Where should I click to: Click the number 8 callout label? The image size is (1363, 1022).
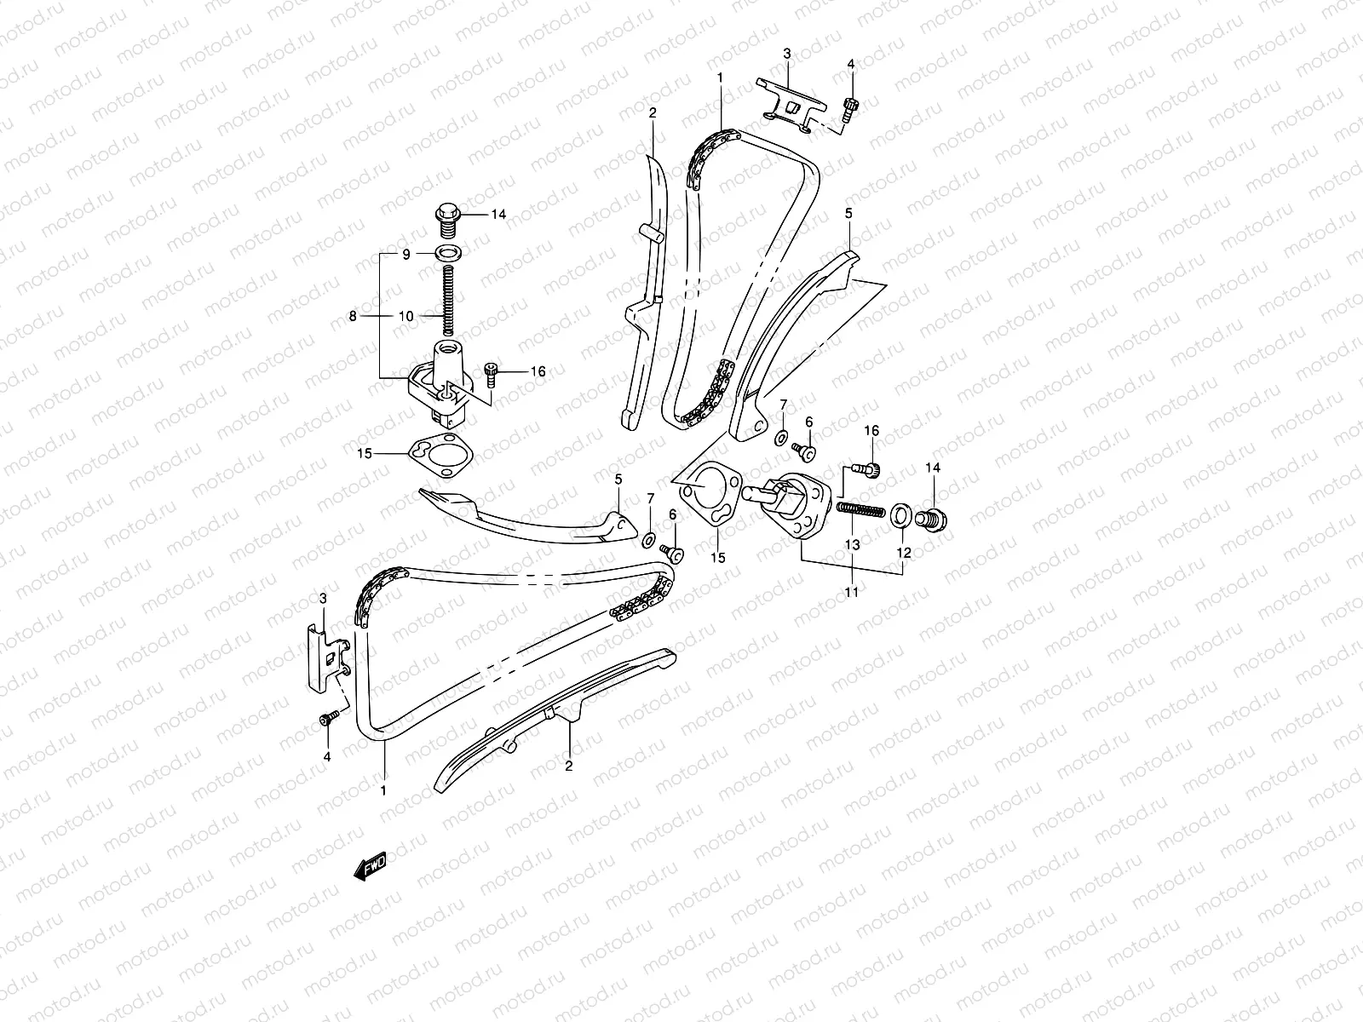[354, 316]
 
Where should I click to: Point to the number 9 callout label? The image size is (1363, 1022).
[406, 254]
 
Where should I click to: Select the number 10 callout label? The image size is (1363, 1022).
[406, 316]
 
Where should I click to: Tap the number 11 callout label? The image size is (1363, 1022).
[852, 591]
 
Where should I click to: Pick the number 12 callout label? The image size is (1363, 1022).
[904, 553]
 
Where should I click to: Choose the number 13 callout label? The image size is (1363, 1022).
[853, 543]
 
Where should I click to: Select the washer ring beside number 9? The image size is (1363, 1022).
[445, 253]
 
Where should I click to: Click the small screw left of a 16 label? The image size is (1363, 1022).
[491, 370]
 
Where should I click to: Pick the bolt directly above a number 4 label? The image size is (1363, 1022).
[326, 721]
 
